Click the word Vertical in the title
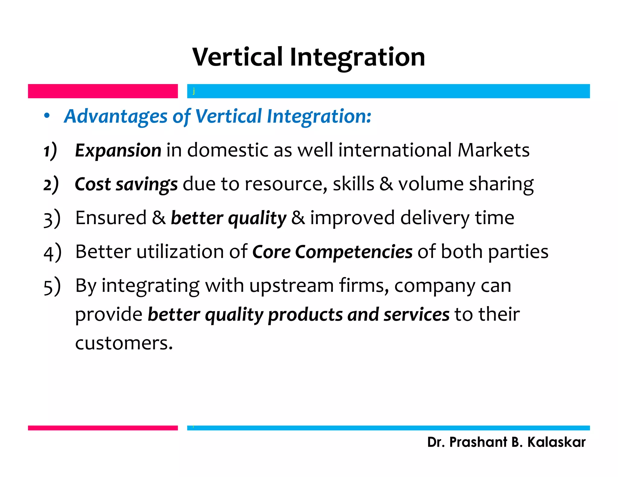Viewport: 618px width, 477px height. click(x=238, y=57)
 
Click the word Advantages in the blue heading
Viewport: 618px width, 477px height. click(x=116, y=116)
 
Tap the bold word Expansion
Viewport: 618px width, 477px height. click(x=118, y=150)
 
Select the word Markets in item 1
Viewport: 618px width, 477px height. click(x=493, y=150)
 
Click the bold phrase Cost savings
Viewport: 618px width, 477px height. click(x=126, y=184)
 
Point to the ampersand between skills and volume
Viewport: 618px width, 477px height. click(x=386, y=184)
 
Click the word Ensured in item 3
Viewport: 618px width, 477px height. click(x=111, y=218)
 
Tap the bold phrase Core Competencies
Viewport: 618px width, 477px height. click(x=332, y=252)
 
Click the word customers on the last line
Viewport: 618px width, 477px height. click(x=124, y=343)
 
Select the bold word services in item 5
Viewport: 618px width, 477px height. click(x=416, y=314)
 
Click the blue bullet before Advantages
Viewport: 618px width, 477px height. click(x=46, y=116)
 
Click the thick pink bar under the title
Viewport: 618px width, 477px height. click(x=103, y=91)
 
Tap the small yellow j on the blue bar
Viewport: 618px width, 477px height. click(x=194, y=91)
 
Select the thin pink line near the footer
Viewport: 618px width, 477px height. click(x=103, y=428)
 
